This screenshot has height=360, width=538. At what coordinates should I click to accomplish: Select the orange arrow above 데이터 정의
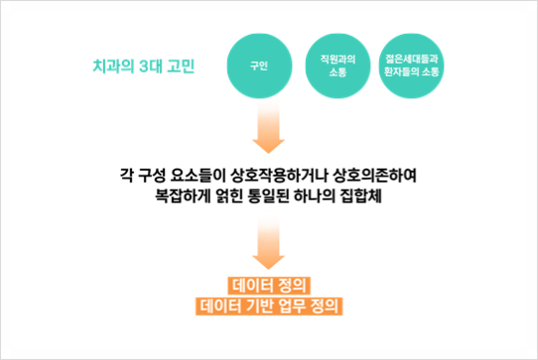point(269,248)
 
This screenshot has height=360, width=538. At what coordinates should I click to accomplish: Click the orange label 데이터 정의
point(270,285)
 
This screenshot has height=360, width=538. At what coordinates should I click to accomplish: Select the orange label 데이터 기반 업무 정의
point(270,305)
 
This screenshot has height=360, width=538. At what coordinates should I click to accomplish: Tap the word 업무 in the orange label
point(297,305)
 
